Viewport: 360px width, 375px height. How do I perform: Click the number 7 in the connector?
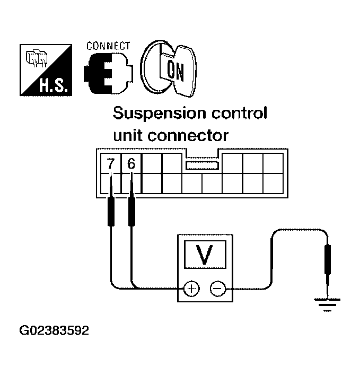pyautogui.click(x=110, y=163)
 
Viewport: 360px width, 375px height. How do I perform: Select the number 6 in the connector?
pyautogui.click(x=131, y=163)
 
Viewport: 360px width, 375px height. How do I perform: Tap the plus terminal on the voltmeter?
pyautogui.click(x=191, y=289)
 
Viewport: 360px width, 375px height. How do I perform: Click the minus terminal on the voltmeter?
pyautogui.click(x=217, y=289)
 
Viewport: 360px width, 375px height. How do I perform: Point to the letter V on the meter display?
pyautogui.click(x=204, y=255)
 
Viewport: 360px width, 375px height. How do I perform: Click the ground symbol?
pyautogui.click(x=327, y=304)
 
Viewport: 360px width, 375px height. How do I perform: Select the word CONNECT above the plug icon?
pyautogui.click(x=108, y=46)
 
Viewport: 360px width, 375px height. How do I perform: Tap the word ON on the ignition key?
pyautogui.click(x=175, y=71)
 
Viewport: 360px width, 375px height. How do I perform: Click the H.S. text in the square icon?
pyautogui.click(x=55, y=85)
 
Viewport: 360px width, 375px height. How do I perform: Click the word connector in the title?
pyautogui.click(x=188, y=136)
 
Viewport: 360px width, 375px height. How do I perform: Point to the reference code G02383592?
pyautogui.click(x=54, y=330)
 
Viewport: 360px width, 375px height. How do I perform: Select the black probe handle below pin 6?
pyautogui.click(x=131, y=212)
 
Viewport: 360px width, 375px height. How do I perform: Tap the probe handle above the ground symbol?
pyautogui.click(x=328, y=259)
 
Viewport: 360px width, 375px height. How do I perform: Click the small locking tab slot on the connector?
pyautogui.click(x=202, y=165)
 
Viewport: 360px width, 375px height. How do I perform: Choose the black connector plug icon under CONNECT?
pyautogui.click(x=108, y=73)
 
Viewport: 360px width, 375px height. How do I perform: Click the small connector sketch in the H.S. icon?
pyautogui.click(x=37, y=58)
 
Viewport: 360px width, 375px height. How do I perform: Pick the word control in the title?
pyautogui.click(x=239, y=113)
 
